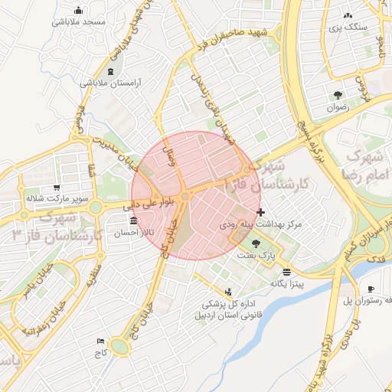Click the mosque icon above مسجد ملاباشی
coord(79,10)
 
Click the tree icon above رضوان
coord(338,95)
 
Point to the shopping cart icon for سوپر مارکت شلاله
coord(57,188)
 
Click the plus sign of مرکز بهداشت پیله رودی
coord(261,212)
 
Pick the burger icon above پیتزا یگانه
coord(286,272)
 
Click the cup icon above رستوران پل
coord(371,289)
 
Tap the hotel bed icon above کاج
coord(100,341)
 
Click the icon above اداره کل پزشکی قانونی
coord(227,292)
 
